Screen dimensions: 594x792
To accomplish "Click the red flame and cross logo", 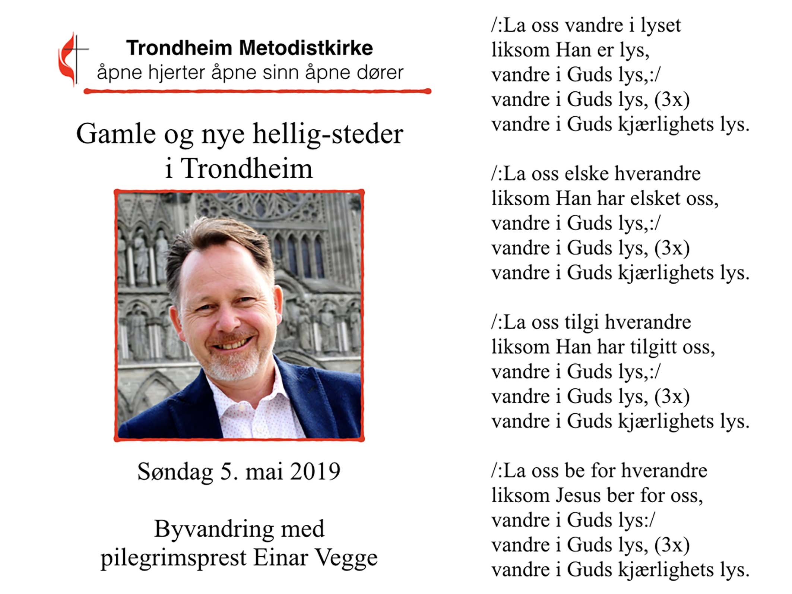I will point(71,59).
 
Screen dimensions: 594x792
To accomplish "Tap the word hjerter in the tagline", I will point(177,72).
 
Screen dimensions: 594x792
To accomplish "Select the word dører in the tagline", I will point(380,72).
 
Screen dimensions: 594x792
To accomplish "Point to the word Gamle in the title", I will point(116,134).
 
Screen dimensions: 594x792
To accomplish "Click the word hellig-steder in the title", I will point(328,134).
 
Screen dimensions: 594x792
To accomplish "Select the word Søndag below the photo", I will point(175,471).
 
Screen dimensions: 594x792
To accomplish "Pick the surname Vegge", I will point(346,558).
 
